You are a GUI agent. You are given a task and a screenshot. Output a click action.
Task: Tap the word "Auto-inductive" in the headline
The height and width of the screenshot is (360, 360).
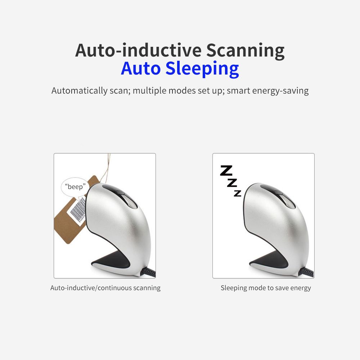click(x=138, y=50)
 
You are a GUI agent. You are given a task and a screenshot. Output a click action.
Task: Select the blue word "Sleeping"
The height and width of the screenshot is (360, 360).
click(x=202, y=69)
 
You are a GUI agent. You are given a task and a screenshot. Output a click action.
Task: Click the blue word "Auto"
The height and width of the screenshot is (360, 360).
click(x=140, y=68)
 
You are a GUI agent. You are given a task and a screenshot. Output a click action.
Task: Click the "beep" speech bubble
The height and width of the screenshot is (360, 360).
click(x=75, y=187)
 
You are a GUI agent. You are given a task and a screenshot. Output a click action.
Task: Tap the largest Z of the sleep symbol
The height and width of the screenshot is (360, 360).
click(x=226, y=171)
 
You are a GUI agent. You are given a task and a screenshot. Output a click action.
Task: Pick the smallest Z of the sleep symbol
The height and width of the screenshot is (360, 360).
click(x=238, y=193)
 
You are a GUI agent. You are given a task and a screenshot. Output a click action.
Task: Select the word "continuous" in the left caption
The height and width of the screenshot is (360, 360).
click(x=114, y=288)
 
